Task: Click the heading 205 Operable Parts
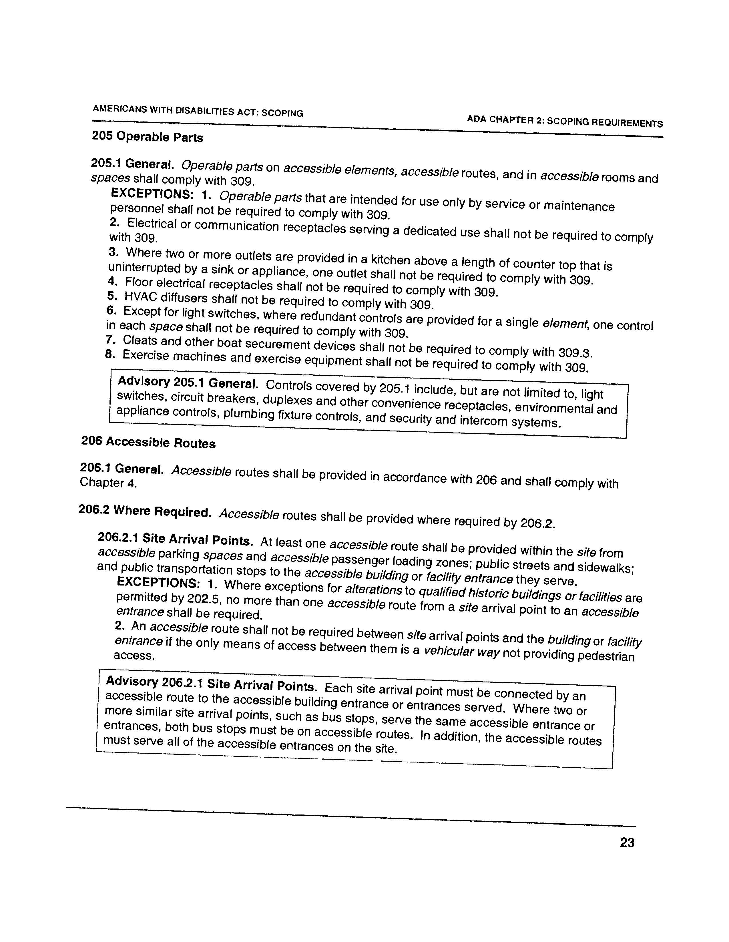pyautogui.click(x=147, y=137)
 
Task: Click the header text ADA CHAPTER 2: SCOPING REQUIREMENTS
pyautogui.click(x=565, y=121)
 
